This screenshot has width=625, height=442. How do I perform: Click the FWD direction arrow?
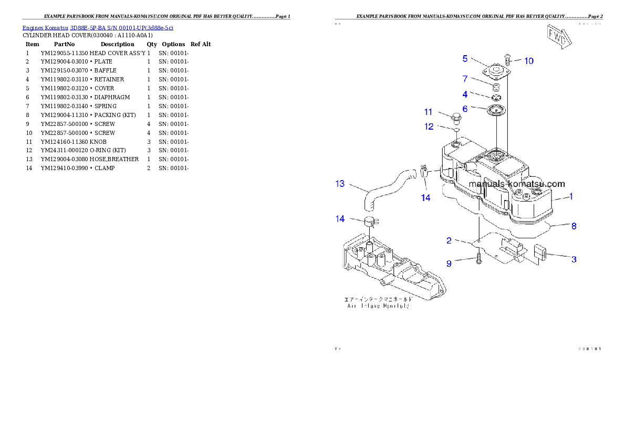pos(558,37)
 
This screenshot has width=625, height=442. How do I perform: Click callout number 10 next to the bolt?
pos(529,61)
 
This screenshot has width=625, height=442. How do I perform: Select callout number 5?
pos(465,58)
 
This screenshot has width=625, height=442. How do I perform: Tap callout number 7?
pos(465,79)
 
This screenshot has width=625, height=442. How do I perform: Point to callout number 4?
pos(465,94)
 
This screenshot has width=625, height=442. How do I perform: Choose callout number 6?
pos(465,109)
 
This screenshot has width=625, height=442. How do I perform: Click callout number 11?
pos(429,112)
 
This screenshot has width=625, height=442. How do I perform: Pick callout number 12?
pos(429,126)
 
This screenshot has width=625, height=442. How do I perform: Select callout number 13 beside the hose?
pos(340,183)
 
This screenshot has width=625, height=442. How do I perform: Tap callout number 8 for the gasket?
pos(574,226)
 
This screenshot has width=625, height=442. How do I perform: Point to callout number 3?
pos(574,259)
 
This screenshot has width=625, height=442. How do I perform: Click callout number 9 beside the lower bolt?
pos(449,264)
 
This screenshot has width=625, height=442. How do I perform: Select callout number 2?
pos(449,240)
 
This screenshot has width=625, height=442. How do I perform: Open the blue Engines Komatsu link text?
pos(98,27)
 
